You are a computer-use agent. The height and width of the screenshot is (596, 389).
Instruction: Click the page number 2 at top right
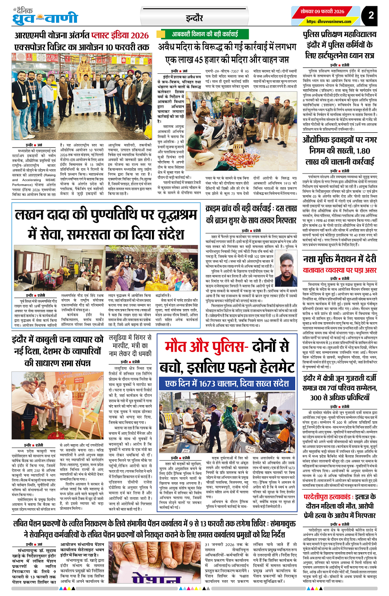point(371,15)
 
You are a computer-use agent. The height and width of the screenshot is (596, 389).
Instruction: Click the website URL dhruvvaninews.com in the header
point(328,21)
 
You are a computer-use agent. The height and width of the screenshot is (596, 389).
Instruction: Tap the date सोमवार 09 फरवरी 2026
point(322,11)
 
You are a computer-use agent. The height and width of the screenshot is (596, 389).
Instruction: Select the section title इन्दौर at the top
point(194,18)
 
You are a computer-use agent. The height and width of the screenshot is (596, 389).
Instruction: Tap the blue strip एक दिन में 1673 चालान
point(227,383)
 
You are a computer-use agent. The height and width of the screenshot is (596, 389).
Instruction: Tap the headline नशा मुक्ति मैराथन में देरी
point(339,258)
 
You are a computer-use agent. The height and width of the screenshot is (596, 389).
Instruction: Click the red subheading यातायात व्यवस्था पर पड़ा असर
point(339,270)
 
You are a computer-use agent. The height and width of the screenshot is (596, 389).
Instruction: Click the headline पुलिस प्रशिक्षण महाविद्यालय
point(339,35)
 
